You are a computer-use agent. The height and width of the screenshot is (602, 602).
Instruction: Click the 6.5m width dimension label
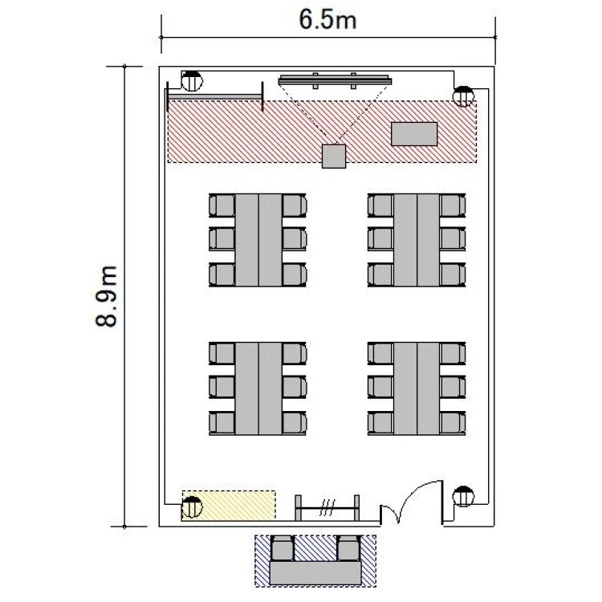coord(327,19)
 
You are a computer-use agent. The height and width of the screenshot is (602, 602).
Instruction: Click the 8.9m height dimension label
coord(106,296)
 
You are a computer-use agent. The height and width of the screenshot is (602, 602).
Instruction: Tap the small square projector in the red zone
coord(334,157)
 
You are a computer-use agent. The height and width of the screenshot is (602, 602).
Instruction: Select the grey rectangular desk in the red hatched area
coord(414,134)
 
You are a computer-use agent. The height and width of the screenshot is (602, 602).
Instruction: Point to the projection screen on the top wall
coord(335,80)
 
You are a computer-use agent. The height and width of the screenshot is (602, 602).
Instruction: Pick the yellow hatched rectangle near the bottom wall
coord(229,505)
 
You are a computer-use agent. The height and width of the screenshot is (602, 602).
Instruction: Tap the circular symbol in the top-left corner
coord(192,81)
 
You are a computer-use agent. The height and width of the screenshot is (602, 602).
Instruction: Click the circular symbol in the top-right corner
coord(463,96)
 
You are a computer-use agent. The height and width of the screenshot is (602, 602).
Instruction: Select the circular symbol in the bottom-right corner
coord(463,496)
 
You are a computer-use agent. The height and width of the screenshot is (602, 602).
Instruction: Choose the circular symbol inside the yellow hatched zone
coord(192,506)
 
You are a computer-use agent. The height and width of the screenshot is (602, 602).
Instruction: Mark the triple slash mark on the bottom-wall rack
coord(328,507)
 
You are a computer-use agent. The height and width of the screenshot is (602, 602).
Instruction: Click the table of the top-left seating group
coord(258,240)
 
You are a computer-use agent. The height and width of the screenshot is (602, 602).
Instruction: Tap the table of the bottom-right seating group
coord(417,388)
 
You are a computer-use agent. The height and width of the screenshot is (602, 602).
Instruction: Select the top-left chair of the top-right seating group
coord(380,205)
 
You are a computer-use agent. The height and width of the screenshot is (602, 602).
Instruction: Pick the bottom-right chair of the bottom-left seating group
coord(295,423)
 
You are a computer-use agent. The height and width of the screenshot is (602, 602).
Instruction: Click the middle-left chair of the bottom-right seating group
coord(380,387)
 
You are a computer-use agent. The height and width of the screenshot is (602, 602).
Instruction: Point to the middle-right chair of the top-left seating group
coord(295,239)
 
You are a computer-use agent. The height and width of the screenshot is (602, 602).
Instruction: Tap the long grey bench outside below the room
coord(315,573)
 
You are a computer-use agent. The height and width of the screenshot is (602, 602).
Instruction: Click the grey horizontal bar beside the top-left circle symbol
coord(215,97)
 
